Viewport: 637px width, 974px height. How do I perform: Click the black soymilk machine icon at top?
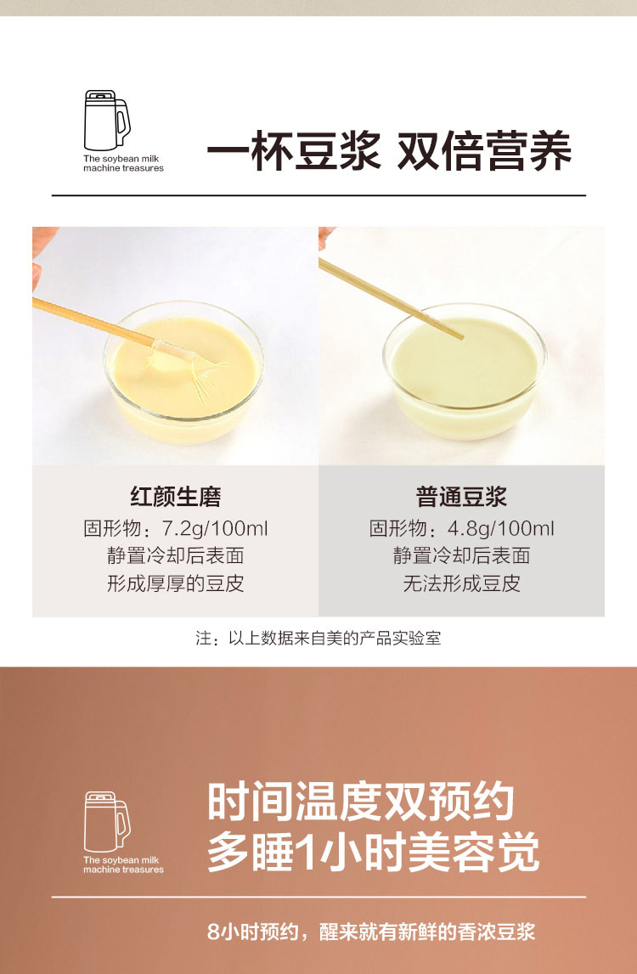point(107,121)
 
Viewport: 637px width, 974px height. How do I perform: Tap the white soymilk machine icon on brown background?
point(107,821)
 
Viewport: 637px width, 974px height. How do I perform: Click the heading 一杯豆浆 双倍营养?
point(389,151)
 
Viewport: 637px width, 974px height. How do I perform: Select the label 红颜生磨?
point(175,497)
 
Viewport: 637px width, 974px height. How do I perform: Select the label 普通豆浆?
point(461,497)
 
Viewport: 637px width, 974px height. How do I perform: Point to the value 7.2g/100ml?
point(215,529)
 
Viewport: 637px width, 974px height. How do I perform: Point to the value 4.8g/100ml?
point(501,529)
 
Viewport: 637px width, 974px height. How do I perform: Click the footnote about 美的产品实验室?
point(318,639)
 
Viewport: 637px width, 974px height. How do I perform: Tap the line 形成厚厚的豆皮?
point(175,584)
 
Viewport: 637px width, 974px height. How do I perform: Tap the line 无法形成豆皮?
point(461,584)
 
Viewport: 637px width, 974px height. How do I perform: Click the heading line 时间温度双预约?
point(360,802)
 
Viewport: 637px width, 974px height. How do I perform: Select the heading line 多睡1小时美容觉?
point(373,853)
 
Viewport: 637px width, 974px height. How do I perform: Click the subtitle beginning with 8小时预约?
point(371,932)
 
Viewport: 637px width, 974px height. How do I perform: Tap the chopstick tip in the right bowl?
point(459,336)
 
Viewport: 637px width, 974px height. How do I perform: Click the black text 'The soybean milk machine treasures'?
point(124,163)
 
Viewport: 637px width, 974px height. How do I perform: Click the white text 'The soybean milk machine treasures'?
point(124,864)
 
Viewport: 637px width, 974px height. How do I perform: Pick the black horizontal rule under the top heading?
point(318,195)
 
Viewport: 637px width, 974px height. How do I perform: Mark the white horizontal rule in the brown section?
point(318,897)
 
